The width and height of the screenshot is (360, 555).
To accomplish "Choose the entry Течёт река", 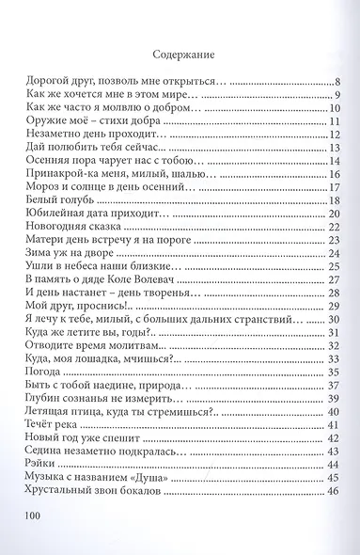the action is pos(53,399).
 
